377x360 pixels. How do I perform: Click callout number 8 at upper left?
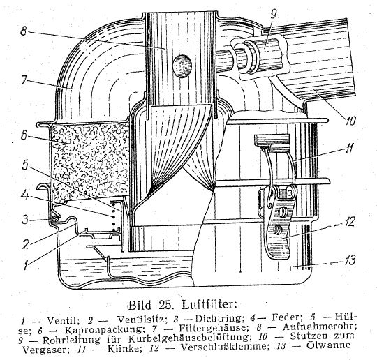tap(23, 31)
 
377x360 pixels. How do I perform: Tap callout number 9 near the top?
tap(273, 15)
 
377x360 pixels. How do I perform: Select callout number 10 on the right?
tap(350, 121)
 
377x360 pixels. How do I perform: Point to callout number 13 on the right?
tap(349, 261)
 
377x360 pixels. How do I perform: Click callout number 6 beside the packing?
tap(24, 136)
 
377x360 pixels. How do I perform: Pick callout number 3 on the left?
tap(24, 220)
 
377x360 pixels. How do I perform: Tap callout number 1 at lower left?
tap(27, 265)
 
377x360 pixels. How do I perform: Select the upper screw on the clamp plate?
tap(283, 212)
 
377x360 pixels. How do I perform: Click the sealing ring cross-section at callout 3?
tap(55, 219)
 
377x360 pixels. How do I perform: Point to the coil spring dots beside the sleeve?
tap(114, 217)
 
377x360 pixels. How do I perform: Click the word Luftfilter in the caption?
tap(209, 305)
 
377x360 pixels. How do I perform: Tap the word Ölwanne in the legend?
tap(329, 345)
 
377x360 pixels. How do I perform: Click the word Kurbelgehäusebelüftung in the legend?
tap(188, 339)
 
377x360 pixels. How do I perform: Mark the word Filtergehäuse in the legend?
tap(212, 328)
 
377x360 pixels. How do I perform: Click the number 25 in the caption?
tap(165, 305)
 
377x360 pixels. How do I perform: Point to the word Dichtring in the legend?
tap(218, 318)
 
